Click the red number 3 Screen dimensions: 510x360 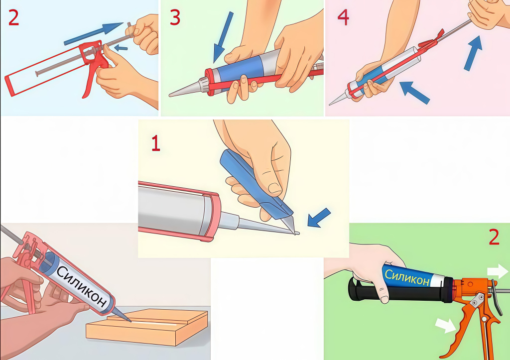[x=175, y=17]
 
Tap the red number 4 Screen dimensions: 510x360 [x=344, y=17]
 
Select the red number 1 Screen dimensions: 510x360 [x=156, y=143]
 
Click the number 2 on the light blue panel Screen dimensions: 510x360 [x=13, y=17]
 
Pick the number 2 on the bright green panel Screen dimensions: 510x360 [x=494, y=237]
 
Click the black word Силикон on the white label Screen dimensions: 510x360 [x=82, y=286]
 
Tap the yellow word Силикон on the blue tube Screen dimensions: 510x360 [x=406, y=277]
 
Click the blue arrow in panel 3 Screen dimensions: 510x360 [x=223, y=37]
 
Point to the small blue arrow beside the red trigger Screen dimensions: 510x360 [x=121, y=48]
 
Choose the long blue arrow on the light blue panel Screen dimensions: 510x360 [x=93, y=33]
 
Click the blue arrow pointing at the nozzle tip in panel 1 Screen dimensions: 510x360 [x=319, y=218]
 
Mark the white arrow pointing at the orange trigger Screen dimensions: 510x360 [x=446, y=325]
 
